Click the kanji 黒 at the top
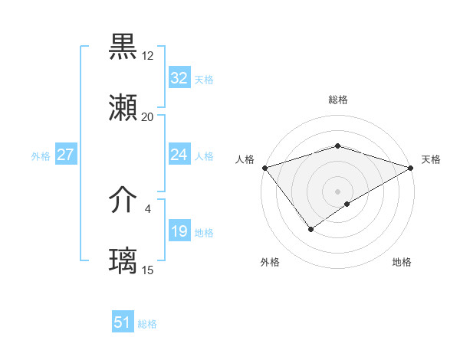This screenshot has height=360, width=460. (123, 47)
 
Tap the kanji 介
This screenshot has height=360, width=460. (123, 201)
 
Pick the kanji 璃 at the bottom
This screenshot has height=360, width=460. (123, 261)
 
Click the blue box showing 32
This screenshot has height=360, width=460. (179, 78)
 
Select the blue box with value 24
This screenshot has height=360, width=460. (179, 155)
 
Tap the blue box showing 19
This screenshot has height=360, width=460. (179, 231)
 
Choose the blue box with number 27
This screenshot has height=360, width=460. (66, 155)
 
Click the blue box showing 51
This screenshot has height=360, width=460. (123, 322)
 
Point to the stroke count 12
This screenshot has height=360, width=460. (148, 56)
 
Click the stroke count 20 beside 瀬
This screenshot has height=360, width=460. (148, 117)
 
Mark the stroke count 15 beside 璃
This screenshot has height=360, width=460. (148, 270)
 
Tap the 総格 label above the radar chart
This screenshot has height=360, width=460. (338, 100)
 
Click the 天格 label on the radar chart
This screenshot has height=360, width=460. (432, 159)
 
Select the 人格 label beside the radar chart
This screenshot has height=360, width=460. (245, 159)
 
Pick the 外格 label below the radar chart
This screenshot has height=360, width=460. (270, 263)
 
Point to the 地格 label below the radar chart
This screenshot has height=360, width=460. (402, 263)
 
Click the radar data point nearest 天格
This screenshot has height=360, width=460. (411, 168)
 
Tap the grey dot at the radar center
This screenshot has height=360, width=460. (337, 191)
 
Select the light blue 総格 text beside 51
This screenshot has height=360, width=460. (147, 324)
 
